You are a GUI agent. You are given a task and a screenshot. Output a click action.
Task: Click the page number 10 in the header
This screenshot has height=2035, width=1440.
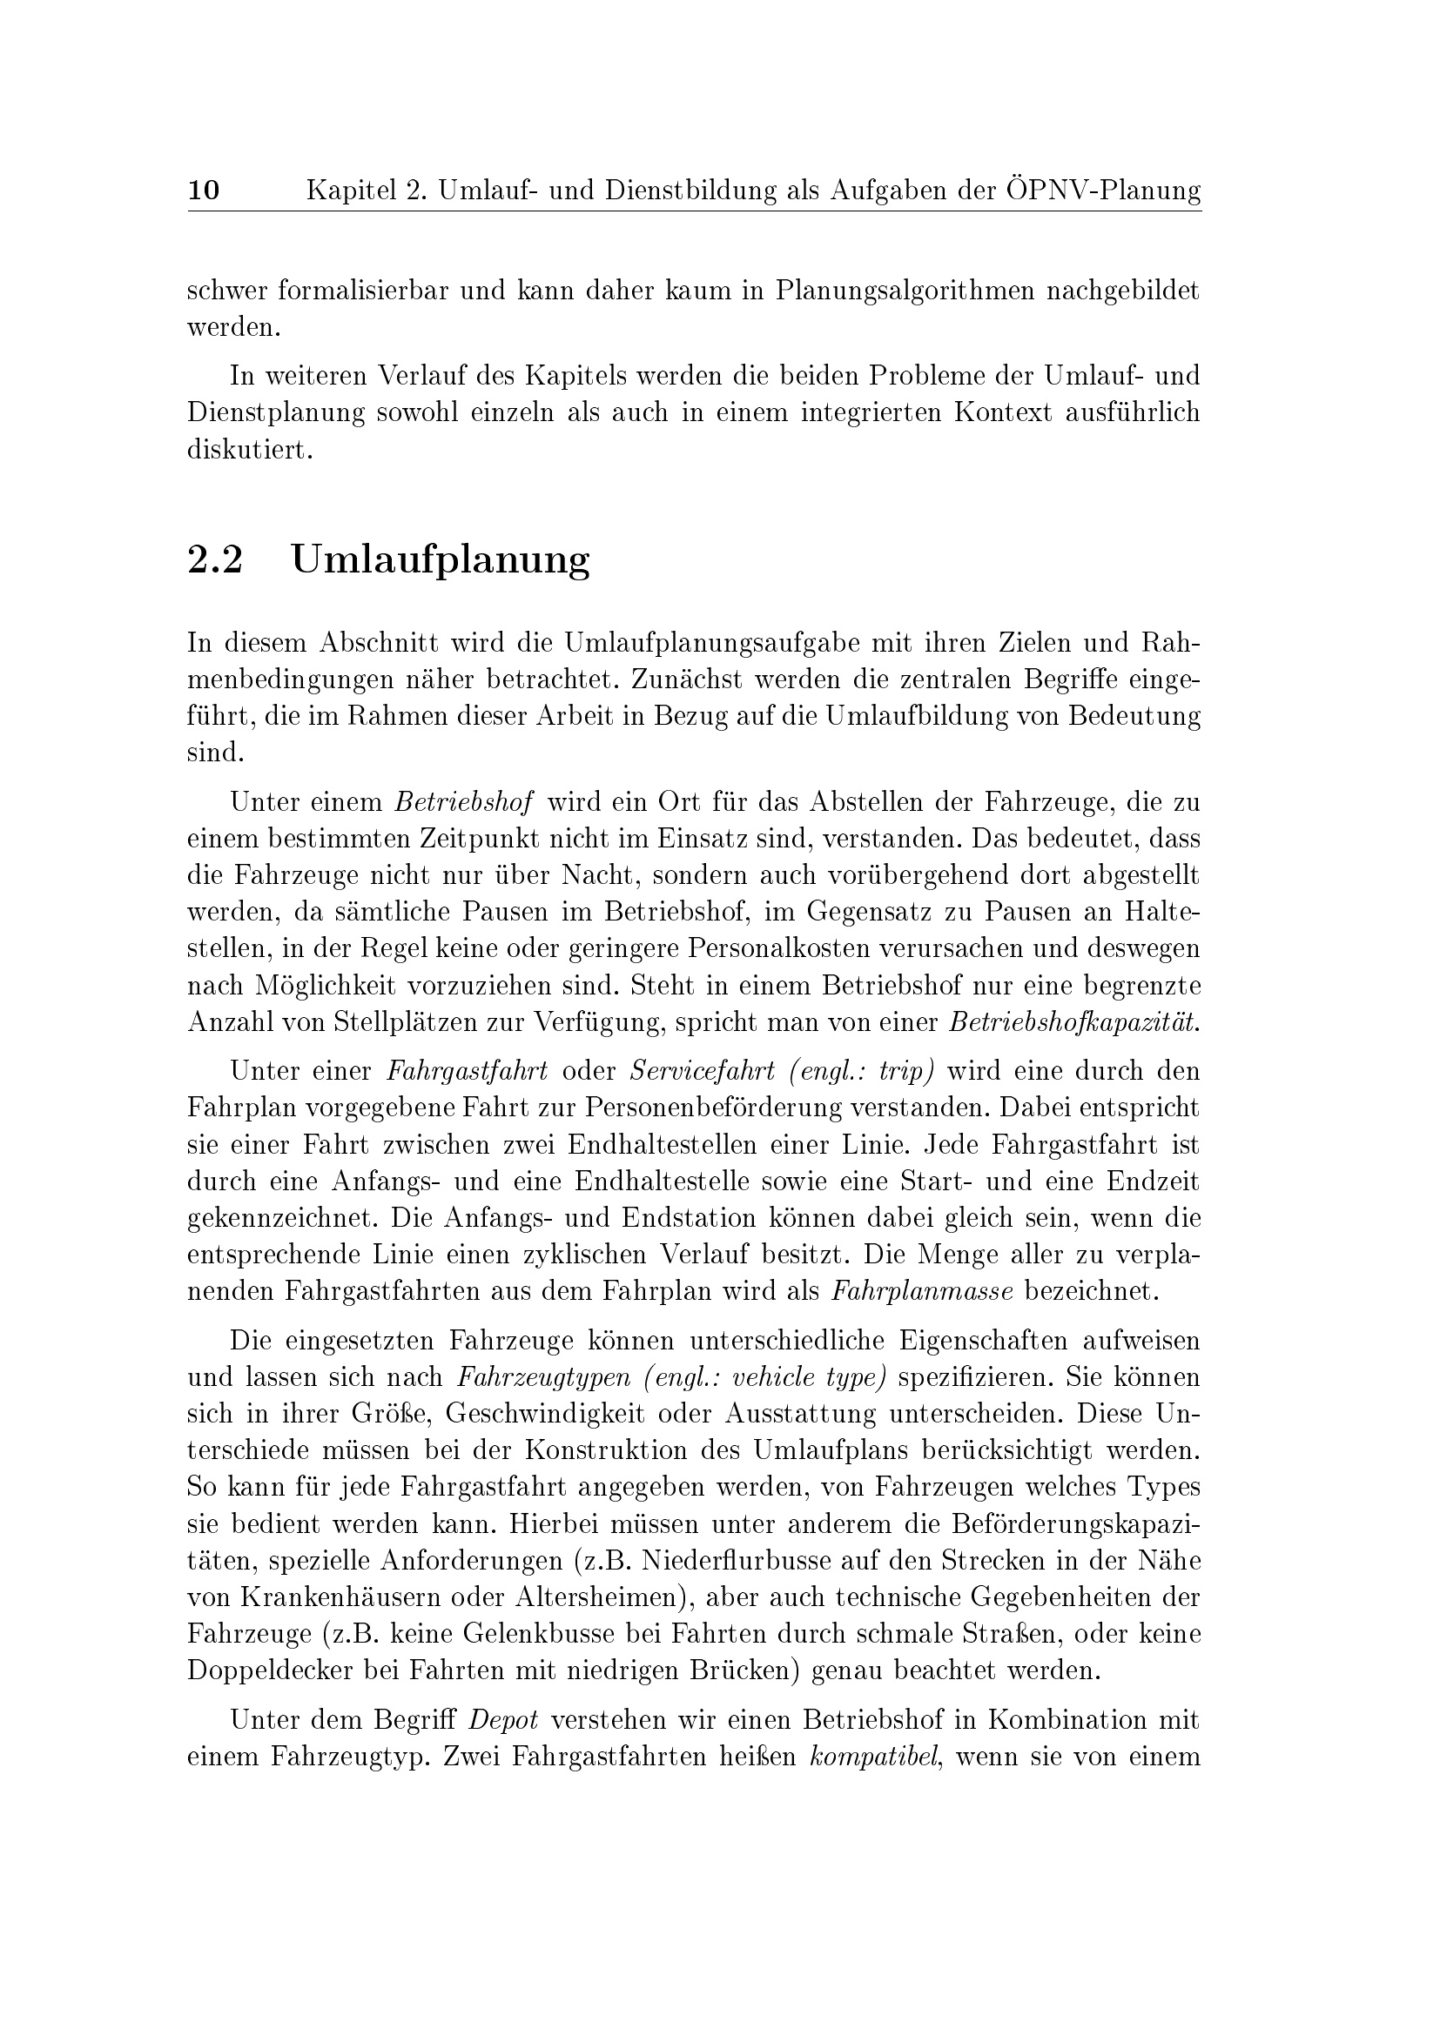(204, 190)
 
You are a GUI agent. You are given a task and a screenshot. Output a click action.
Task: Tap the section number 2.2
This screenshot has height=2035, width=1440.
(214, 560)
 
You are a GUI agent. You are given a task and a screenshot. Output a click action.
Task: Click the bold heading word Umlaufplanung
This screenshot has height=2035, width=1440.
(440, 561)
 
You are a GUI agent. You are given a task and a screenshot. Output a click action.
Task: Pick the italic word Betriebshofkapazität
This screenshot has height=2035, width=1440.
(1073, 1023)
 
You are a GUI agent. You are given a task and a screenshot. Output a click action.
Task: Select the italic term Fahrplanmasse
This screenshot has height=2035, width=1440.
(922, 1291)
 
